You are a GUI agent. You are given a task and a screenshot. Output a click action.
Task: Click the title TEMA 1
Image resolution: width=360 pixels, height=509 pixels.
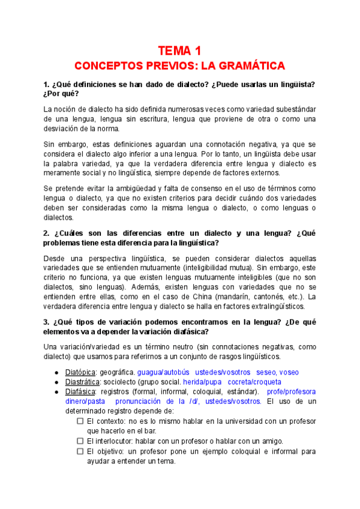179,50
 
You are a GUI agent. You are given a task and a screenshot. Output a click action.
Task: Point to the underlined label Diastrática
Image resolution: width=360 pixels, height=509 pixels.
83,382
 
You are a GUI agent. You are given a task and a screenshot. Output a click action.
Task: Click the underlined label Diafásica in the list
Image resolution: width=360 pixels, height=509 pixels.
81,391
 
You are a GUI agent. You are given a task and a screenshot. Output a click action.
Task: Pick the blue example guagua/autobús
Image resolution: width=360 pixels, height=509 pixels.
163,372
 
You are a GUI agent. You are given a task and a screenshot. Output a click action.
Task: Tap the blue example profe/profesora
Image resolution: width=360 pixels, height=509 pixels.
292,391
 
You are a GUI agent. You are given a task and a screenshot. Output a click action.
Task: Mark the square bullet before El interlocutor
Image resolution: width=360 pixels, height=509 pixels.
80,441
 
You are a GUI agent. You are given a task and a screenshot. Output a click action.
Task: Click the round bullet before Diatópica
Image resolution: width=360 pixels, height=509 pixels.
56,372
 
